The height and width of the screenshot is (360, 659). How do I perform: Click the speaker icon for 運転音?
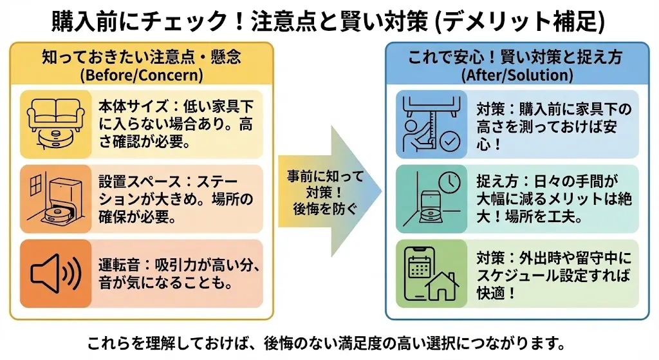pos(55,273)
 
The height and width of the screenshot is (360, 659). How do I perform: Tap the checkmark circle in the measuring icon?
pos(450,142)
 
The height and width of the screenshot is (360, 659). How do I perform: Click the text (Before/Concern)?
pos(142,75)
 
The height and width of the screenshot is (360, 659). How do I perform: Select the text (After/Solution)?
pos(517,75)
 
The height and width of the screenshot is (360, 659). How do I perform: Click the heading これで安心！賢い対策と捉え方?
pos(516,57)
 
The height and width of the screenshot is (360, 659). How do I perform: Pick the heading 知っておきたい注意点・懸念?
pos(142,57)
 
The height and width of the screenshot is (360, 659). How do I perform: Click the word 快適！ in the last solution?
pos(497,292)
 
